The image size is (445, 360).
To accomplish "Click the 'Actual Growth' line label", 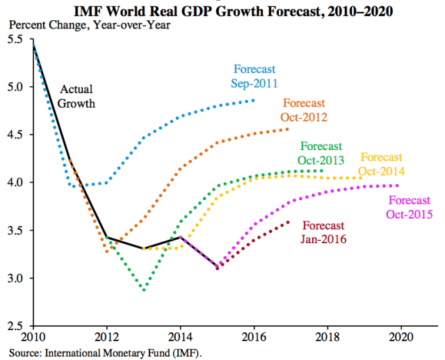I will point(77,97).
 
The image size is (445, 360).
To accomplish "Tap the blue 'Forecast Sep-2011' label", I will point(255,76).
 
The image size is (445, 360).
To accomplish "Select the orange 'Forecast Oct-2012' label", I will point(304,110).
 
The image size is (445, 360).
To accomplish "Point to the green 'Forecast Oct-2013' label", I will point(321,153).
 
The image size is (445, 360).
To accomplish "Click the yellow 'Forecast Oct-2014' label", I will point(382,164).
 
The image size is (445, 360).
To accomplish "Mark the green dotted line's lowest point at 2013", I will point(144,289).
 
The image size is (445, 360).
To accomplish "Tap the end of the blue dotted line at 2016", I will point(253,101).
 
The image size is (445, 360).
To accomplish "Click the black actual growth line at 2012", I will point(107,237).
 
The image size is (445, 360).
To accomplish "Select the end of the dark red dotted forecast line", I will point(289,222).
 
